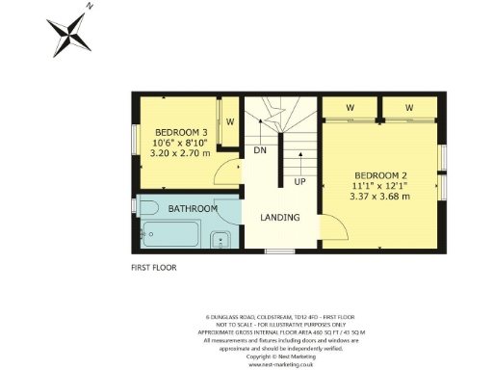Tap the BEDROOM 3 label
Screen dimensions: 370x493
click(181, 132)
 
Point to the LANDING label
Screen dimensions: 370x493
click(279, 218)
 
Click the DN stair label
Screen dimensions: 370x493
click(259, 151)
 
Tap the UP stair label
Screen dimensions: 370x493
click(299, 181)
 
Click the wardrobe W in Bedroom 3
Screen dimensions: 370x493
click(229, 122)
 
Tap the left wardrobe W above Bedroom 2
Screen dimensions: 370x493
click(350, 107)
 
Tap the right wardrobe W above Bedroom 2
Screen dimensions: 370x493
click(408, 107)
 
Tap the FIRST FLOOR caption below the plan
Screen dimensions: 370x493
click(154, 268)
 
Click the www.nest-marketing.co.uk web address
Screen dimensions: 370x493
click(280, 364)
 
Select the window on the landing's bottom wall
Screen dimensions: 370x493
click(279, 251)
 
